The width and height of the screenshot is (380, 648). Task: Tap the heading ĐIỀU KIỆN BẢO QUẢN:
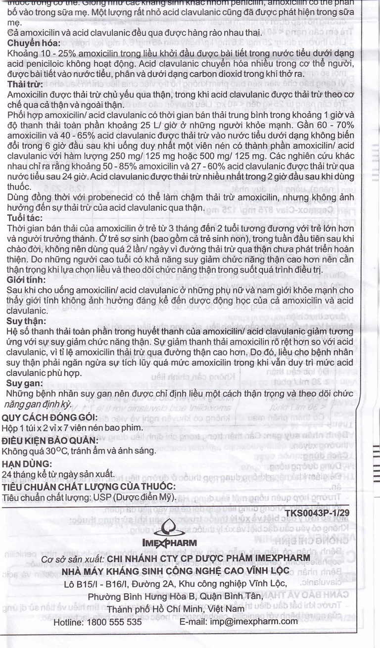coord(50,440)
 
